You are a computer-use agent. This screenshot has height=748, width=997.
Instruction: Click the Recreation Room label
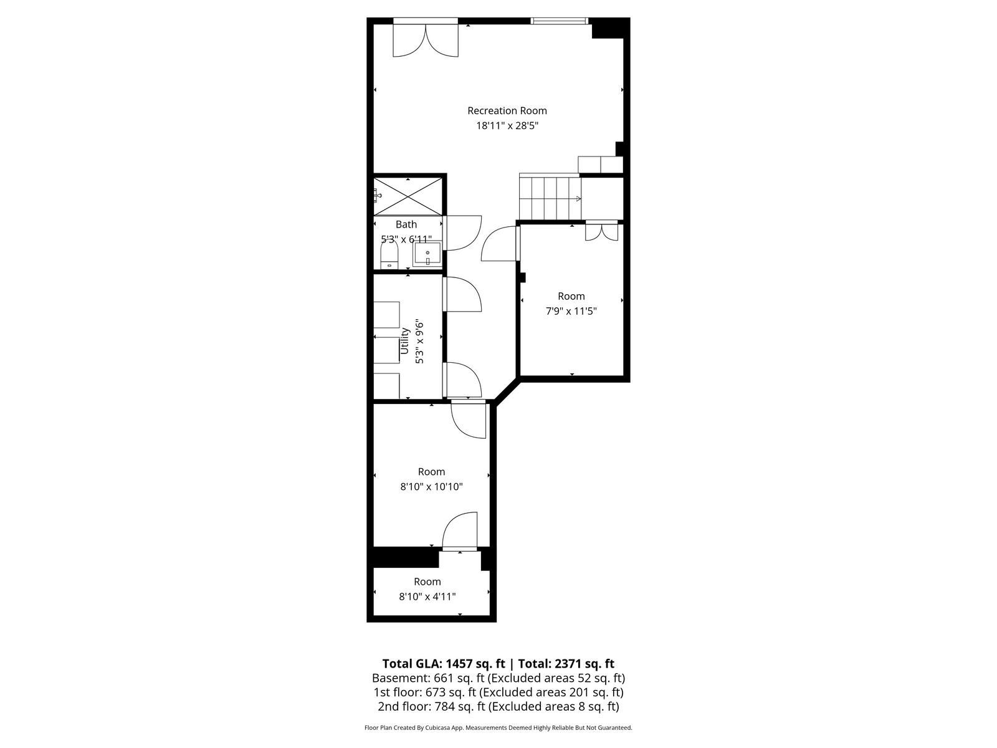pos(507,110)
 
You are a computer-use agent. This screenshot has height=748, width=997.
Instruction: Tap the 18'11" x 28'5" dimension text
pos(507,126)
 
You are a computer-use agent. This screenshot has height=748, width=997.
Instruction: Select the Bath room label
pos(406,224)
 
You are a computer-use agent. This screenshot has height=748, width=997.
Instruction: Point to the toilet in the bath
pos(389,255)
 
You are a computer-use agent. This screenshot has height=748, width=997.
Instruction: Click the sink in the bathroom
pos(427,254)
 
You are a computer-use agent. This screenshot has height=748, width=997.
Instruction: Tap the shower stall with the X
pos(408,196)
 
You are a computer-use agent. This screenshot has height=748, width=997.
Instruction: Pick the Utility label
pos(404,340)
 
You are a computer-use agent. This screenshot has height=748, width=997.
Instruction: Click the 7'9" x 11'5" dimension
pos(571,311)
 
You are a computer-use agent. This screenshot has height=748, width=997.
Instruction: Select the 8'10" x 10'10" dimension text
pos(431,487)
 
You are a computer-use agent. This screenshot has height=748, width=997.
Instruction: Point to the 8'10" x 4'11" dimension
pos(427,597)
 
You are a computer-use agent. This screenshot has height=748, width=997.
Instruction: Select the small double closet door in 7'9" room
pos(601,231)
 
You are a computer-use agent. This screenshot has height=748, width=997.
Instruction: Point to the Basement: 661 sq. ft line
pos(499,678)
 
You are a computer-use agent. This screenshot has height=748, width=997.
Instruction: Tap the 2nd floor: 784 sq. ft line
pos(499,707)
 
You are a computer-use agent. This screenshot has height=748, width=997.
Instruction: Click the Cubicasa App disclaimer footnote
pos(499,727)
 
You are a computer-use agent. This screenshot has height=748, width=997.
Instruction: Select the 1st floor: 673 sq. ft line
pos(499,693)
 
